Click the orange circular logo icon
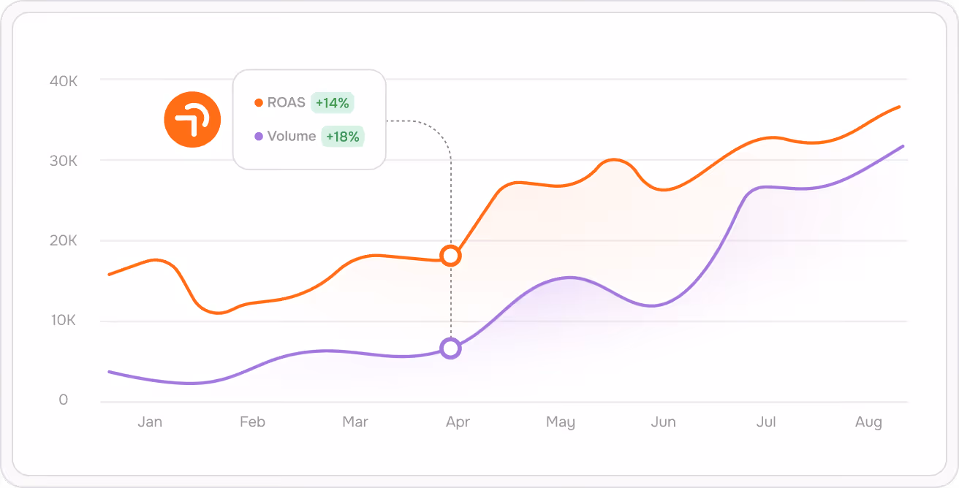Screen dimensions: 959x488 (192, 119)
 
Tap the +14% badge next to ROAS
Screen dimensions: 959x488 (333, 103)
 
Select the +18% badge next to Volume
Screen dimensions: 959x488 (343, 137)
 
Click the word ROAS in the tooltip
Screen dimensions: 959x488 (286, 102)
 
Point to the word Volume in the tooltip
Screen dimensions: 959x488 (292, 136)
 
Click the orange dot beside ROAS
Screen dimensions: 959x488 (259, 103)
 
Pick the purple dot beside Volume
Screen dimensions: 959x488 (259, 137)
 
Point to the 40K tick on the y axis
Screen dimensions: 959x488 (64, 81)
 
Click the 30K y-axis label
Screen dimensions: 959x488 (64, 161)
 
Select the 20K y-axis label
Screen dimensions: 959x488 (64, 240)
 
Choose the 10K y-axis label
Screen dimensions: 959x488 (64, 320)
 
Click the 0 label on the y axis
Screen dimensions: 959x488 (64, 400)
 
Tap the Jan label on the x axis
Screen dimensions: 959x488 (150, 422)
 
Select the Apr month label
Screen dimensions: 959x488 (458, 423)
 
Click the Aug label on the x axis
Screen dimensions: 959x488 (868, 423)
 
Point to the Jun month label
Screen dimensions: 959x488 (663, 422)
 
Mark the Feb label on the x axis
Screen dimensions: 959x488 (252, 422)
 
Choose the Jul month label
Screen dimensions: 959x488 (766, 422)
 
